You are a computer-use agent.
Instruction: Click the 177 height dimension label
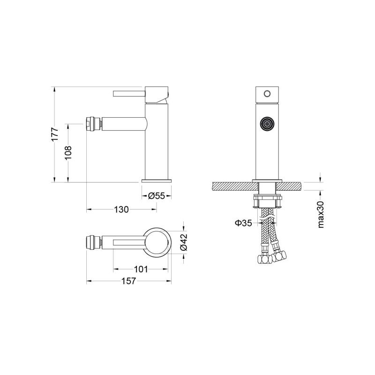55,135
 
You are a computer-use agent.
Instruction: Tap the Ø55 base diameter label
157,196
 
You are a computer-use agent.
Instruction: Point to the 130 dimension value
121,210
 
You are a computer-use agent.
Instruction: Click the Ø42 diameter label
184,242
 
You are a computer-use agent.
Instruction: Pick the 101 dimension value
141,269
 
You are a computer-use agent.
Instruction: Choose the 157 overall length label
128,281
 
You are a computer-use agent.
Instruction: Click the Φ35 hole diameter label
244,223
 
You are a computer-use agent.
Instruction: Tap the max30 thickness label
321,214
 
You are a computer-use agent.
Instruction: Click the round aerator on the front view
267,124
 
